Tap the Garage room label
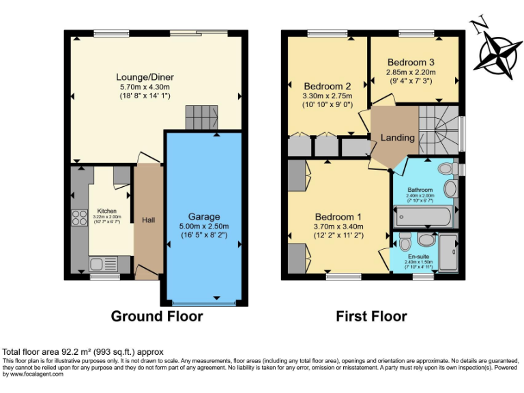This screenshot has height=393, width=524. coord(204,217)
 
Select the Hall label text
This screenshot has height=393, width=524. coord(148,220)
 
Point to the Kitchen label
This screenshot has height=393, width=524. coord(106,211)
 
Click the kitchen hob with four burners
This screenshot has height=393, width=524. coord(78,218)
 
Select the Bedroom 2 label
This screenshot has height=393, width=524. coord(327,87)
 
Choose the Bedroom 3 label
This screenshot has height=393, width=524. coord(411,62)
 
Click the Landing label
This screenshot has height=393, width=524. coord(397,138)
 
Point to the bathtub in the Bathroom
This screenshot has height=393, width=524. coord(423,218)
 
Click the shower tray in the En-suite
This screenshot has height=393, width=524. coord(449,253)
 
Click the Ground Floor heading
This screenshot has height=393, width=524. coord(157,317)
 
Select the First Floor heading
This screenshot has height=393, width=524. coord(371,317)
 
